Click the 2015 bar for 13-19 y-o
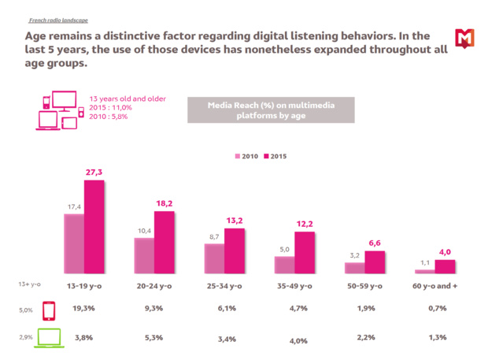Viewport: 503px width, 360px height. pyautogui.click(x=94, y=228)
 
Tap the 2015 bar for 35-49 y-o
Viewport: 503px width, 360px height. pyautogui.click(x=305, y=253)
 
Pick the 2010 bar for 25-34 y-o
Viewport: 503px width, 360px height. pyautogui.click(x=213, y=258)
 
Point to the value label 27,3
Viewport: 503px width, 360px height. pyautogui.click(x=94, y=171)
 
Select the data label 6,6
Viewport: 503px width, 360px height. pyautogui.click(x=375, y=243)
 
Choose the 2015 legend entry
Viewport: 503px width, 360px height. pyautogui.click(x=275, y=157)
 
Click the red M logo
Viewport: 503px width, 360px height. pyautogui.click(x=464, y=37)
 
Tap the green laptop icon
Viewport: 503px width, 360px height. pyautogui.click(x=48, y=338)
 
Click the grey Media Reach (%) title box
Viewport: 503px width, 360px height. pyautogui.click(x=257, y=110)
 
